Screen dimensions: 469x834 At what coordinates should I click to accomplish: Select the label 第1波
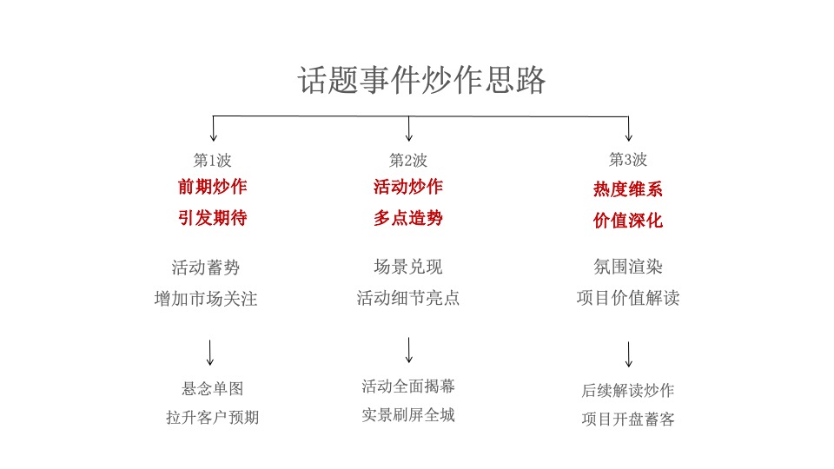(212, 160)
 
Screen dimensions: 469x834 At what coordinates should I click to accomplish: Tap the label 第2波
(408, 160)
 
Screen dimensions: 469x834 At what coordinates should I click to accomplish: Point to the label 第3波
(628, 160)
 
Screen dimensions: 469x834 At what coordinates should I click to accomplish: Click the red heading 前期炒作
(212, 187)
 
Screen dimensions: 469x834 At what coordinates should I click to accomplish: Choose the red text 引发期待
(212, 218)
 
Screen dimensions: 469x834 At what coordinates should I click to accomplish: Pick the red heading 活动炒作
(408, 187)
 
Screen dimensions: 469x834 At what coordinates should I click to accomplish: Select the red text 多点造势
(408, 218)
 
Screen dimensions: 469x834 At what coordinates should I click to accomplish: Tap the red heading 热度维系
(628, 189)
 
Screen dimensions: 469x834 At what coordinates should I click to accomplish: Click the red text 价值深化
(628, 221)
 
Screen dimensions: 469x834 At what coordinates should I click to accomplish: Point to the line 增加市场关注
(206, 299)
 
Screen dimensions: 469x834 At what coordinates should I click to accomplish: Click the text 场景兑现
(408, 267)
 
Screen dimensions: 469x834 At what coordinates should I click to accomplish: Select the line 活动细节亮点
(408, 299)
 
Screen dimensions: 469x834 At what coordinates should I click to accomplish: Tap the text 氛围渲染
(628, 267)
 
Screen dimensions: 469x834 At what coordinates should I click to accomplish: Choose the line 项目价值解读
(628, 299)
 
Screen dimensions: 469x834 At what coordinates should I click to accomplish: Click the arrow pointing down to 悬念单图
(210, 352)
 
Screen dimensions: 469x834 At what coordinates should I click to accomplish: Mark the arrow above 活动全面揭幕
(408, 349)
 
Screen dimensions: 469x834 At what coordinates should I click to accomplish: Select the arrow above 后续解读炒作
(628, 353)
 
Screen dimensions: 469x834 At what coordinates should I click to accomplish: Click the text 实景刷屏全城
(408, 415)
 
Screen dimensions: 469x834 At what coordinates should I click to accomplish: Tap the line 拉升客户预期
(212, 418)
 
